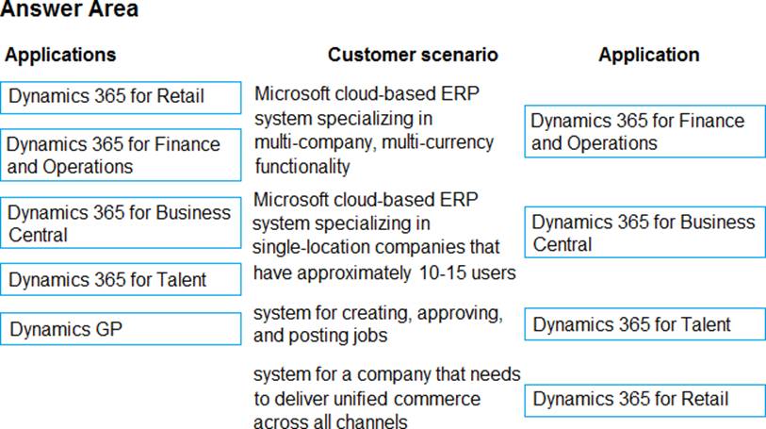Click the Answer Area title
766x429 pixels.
(70, 8)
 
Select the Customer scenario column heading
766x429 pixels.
(413, 55)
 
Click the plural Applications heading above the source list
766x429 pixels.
(60, 55)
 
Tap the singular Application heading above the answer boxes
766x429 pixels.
(649, 55)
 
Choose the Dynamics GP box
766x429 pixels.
(121, 329)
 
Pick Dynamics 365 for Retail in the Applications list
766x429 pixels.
(121, 98)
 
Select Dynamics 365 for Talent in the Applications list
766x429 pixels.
(121, 279)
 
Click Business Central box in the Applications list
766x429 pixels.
(121, 223)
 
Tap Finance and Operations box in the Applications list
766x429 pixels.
(121, 155)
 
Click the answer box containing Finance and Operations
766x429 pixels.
(644, 131)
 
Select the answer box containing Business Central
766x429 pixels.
(644, 232)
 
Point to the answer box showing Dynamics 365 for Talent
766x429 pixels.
(644, 324)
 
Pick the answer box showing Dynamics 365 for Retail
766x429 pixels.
(644, 401)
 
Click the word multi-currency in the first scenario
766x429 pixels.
(438, 142)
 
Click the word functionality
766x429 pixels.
(302, 167)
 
